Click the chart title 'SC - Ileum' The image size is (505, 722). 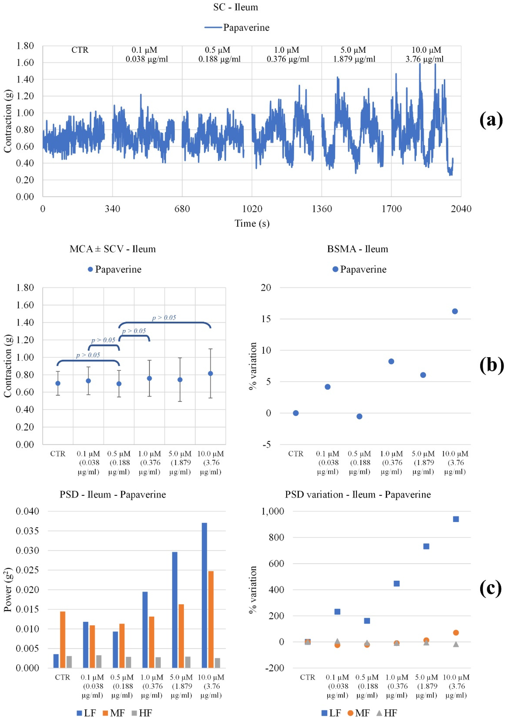(236, 7)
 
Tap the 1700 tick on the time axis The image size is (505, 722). (391, 209)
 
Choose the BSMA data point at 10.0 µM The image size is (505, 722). (455, 311)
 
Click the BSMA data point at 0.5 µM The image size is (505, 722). (359, 416)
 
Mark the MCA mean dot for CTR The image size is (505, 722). (58, 383)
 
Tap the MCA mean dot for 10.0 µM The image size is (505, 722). (210, 374)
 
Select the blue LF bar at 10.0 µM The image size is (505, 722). (205, 595)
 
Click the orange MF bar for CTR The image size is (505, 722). (63, 639)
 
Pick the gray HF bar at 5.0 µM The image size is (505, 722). (188, 662)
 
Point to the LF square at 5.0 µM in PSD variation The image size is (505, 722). (426, 546)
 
